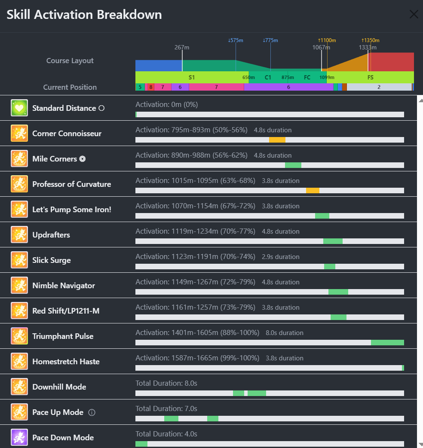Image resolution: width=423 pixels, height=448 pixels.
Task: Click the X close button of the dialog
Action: [x=414, y=15]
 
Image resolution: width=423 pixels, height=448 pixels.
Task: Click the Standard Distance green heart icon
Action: [x=19, y=108]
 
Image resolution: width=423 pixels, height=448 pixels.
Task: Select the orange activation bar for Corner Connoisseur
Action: [x=277, y=140]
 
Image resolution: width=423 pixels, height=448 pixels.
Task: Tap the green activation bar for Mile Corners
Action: [x=293, y=165]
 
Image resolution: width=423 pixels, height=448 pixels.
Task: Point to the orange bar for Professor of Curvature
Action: [x=313, y=191]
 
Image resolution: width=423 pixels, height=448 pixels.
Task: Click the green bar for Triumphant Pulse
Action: [x=387, y=343]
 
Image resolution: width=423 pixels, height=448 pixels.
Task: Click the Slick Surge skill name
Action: [x=52, y=260]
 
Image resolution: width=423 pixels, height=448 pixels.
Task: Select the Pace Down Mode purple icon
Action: [x=19, y=438]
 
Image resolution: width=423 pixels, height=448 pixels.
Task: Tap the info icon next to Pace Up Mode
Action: [x=92, y=413]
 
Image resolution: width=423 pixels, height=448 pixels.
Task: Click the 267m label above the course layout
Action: [x=182, y=47]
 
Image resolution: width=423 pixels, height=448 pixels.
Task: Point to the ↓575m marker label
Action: [x=236, y=40]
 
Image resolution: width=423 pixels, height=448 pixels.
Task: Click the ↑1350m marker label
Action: [x=370, y=40]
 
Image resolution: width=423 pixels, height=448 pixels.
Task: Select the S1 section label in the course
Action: [x=192, y=78]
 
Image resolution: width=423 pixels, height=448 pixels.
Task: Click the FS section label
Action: [x=370, y=78]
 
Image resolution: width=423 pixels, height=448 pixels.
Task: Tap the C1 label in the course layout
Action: [x=268, y=78]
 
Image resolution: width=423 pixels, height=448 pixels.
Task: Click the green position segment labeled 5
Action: [x=140, y=87]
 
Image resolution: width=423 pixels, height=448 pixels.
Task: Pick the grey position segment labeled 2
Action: [x=379, y=87]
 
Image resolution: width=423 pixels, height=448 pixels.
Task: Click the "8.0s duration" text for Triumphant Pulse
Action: [x=285, y=333]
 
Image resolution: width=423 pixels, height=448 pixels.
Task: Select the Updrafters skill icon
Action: [x=19, y=235]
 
